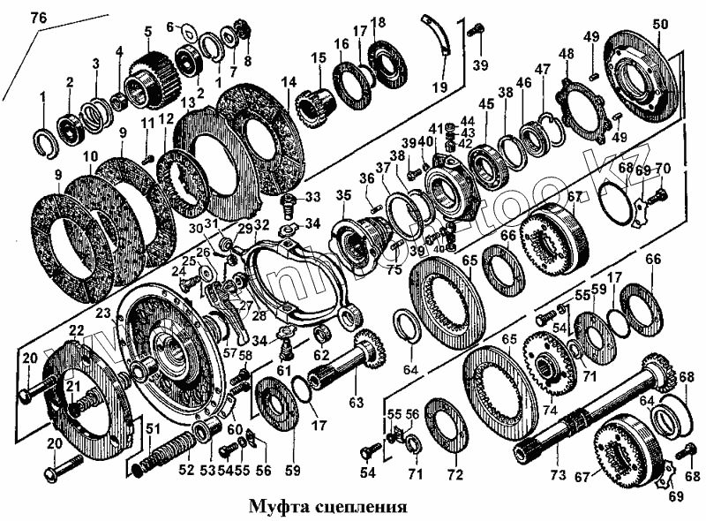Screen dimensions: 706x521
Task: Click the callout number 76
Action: tap(39, 17)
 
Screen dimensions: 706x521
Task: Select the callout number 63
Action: tap(356, 403)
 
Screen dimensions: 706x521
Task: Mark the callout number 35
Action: tap(344, 195)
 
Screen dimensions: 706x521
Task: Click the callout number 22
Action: tap(77, 330)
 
